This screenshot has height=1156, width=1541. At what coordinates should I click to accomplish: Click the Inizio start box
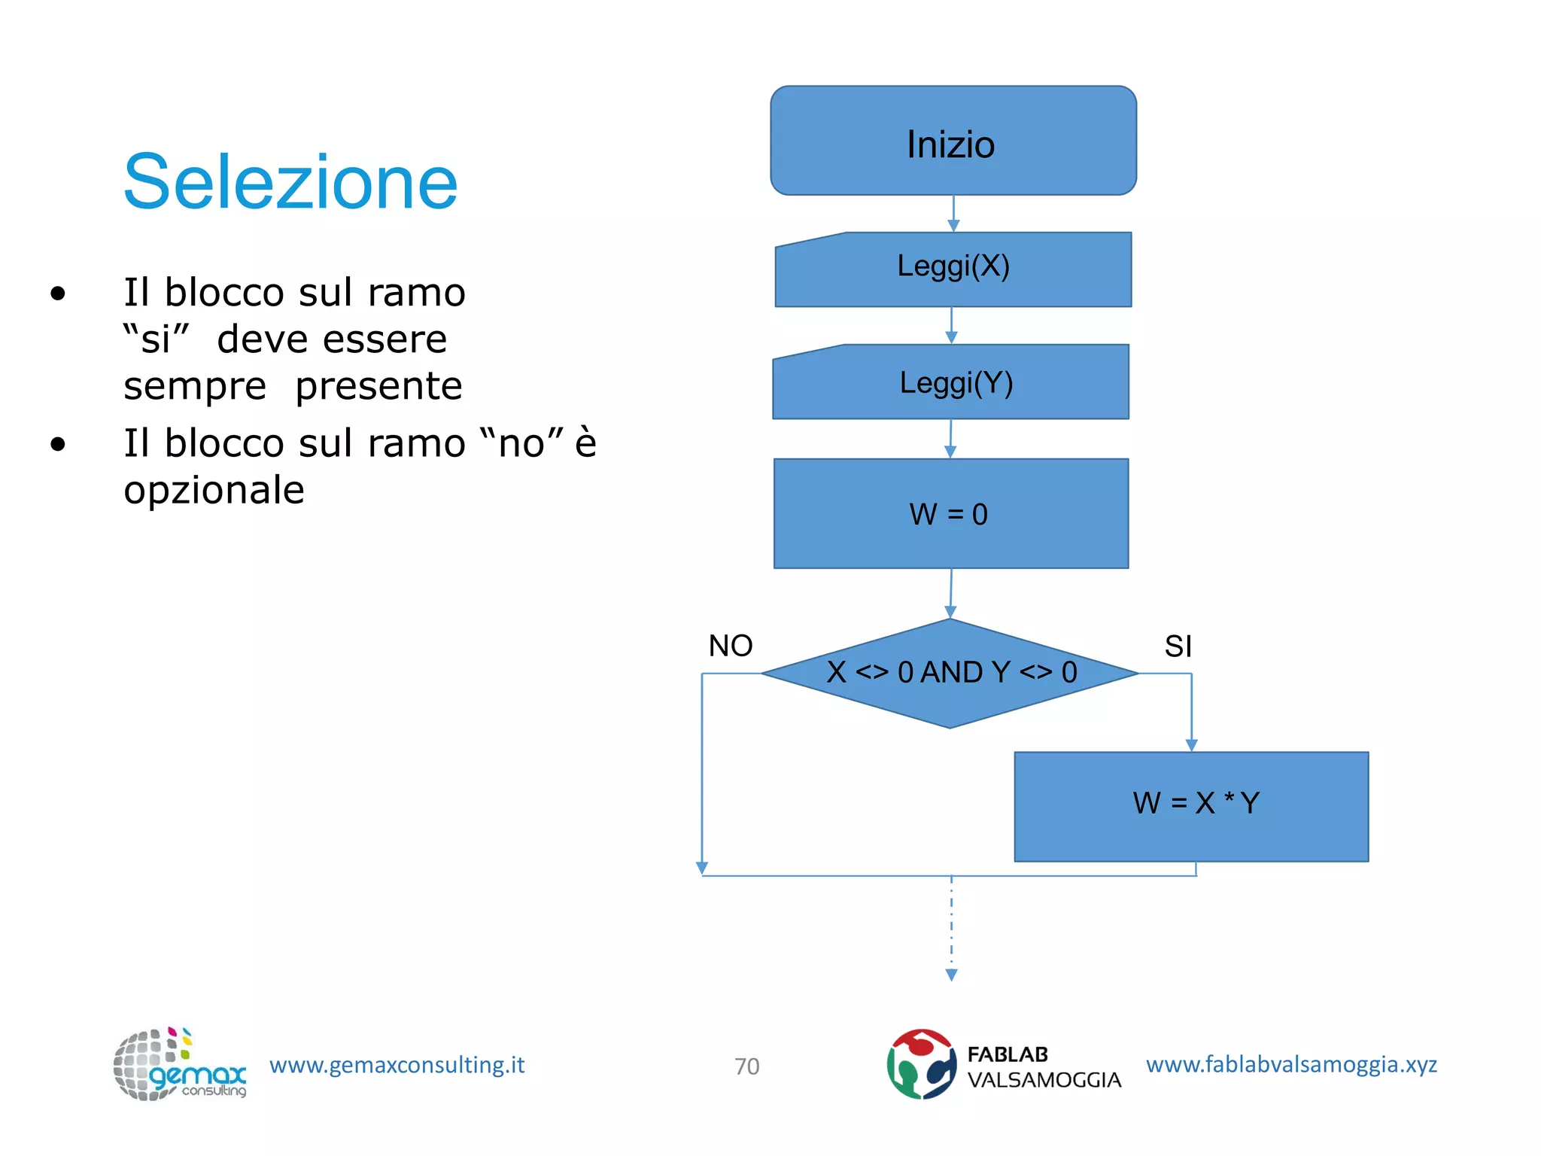click(953, 141)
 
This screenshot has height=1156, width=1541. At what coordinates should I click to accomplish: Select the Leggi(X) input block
click(953, 269)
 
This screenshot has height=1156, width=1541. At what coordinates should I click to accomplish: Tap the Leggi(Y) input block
click(951, 382)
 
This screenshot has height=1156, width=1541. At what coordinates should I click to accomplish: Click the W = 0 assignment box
click(951, 513)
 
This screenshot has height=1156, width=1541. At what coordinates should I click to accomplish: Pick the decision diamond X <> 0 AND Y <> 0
click(951, 673)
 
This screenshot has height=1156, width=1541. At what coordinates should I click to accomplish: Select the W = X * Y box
click(1191, 806)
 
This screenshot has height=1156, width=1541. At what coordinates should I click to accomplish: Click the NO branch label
click(730, 646)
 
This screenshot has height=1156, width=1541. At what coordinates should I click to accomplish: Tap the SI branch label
click(1178, 646)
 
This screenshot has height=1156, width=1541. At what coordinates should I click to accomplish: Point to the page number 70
click(746, 1066)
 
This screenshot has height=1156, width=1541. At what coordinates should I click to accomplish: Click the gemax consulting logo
click(179, 1064)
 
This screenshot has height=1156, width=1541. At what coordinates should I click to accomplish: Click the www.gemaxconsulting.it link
click(397, 1065)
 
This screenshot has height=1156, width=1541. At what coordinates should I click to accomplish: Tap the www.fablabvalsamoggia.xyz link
click(1291, 1064)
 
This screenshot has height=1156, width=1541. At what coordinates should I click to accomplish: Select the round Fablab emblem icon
click(921, 1064)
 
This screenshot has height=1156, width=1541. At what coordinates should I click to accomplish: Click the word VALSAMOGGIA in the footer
click(1044, 1080)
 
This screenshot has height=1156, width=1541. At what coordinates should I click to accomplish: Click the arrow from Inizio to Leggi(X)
click(953, 214)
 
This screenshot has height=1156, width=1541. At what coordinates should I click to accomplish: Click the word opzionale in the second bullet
click(214, 490)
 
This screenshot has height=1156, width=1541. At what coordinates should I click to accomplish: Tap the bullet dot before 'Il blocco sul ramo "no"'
click(58, 444)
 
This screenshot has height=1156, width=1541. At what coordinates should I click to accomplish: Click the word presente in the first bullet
click(378, 386)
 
